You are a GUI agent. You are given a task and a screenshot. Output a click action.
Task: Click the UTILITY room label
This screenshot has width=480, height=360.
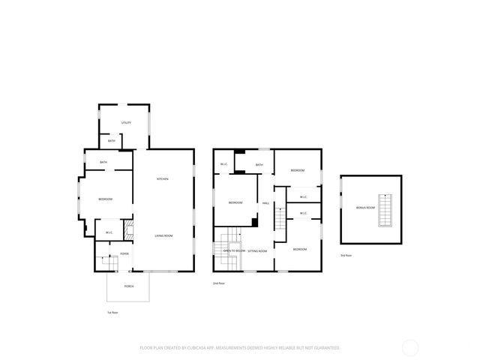[x=126, y=122]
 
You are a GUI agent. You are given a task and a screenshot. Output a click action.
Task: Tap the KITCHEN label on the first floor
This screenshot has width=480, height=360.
[x=162, y=178]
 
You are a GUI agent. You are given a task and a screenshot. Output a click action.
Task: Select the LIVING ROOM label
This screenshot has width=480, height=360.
[x=163, y=236]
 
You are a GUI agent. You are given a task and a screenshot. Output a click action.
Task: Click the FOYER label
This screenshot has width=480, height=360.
[x=124, y=254]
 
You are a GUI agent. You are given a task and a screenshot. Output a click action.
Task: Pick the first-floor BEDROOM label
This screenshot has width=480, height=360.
[x=105, y=199]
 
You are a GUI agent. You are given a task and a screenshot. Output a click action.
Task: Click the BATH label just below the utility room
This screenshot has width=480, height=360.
[x=111, y=141]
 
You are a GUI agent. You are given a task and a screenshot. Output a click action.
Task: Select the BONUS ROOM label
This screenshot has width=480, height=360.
[x=366, y=207]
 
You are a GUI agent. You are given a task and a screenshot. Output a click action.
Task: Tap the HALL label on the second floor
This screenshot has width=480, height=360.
[x=265, y=203]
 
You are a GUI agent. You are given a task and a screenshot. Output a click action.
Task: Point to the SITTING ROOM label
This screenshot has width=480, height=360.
[x=257, y=250]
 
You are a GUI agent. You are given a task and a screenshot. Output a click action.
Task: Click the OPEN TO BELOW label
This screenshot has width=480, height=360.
[x=234, y=250]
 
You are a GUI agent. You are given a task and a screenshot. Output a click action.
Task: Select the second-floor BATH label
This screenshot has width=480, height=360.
[x=259, y=165]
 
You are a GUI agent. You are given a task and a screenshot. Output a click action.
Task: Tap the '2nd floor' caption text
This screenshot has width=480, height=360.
[x=218, y=283]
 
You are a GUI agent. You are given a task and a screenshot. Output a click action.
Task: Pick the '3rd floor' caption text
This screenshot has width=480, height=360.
[x=346, y=256]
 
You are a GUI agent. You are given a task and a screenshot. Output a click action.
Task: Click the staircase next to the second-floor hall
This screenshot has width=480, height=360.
[x=279, y=220]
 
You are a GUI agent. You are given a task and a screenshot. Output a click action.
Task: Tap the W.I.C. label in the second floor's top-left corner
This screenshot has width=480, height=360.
[x=223, y=165]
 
